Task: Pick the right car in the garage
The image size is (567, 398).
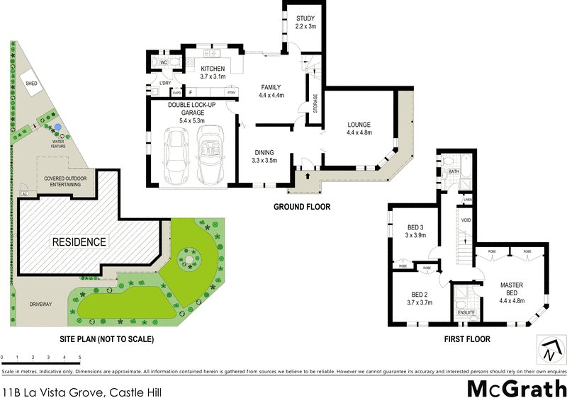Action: point(210,154)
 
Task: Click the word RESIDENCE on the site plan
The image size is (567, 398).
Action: point(79,241)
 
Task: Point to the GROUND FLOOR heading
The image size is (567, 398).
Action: point(301,207)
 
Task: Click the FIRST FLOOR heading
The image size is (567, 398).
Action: point(466,339)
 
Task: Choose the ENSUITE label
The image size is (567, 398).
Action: point(465,312)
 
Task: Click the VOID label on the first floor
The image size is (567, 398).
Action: point(466,220)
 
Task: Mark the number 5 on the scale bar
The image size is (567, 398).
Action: point(79,357)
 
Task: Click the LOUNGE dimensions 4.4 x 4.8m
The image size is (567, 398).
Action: point(359,132)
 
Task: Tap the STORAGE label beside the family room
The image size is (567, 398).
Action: point(315,103)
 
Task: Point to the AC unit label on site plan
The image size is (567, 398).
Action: point(25,193)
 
